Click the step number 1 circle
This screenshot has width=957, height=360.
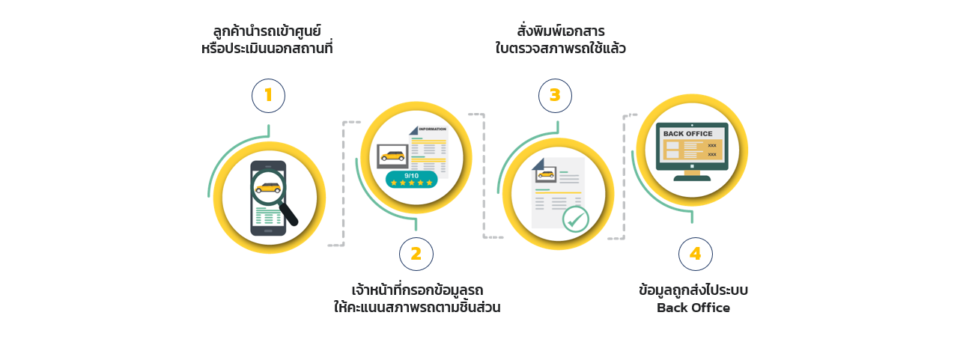click(x=268, y=96)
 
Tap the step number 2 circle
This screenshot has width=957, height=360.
click(x=416, y=254)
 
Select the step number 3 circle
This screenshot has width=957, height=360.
click(x=555, y=96)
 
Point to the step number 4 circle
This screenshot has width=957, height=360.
click(x=696, y=254)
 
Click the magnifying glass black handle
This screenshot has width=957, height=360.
click(x=289, y=214)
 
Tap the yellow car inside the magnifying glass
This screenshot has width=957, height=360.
click(x=268, y=187)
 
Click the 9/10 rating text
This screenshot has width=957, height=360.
click(x=411, y=176)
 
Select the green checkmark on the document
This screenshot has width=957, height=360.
click(x=576, y=219)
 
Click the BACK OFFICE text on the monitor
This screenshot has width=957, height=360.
click(x=688, y=134)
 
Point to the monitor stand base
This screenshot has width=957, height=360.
click(x=692, y=178)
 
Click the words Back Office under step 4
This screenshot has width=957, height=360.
click(x=693, y=308)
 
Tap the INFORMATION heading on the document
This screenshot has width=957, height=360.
click(x=432, y=129)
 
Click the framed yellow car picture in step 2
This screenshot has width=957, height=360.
click(x=392, y=156)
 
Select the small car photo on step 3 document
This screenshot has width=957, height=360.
click(x=546, y=174)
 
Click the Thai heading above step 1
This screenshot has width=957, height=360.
click(x=267, y=39)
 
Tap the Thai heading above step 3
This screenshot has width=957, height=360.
click(x=560, y=39)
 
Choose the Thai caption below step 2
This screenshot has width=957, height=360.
click(x=417, y=299)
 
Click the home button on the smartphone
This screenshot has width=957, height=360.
click(x=268, y=231)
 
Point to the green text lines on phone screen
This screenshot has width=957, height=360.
click(x=268, y=216)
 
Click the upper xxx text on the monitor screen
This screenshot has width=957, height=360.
click(x=712, y=146)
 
